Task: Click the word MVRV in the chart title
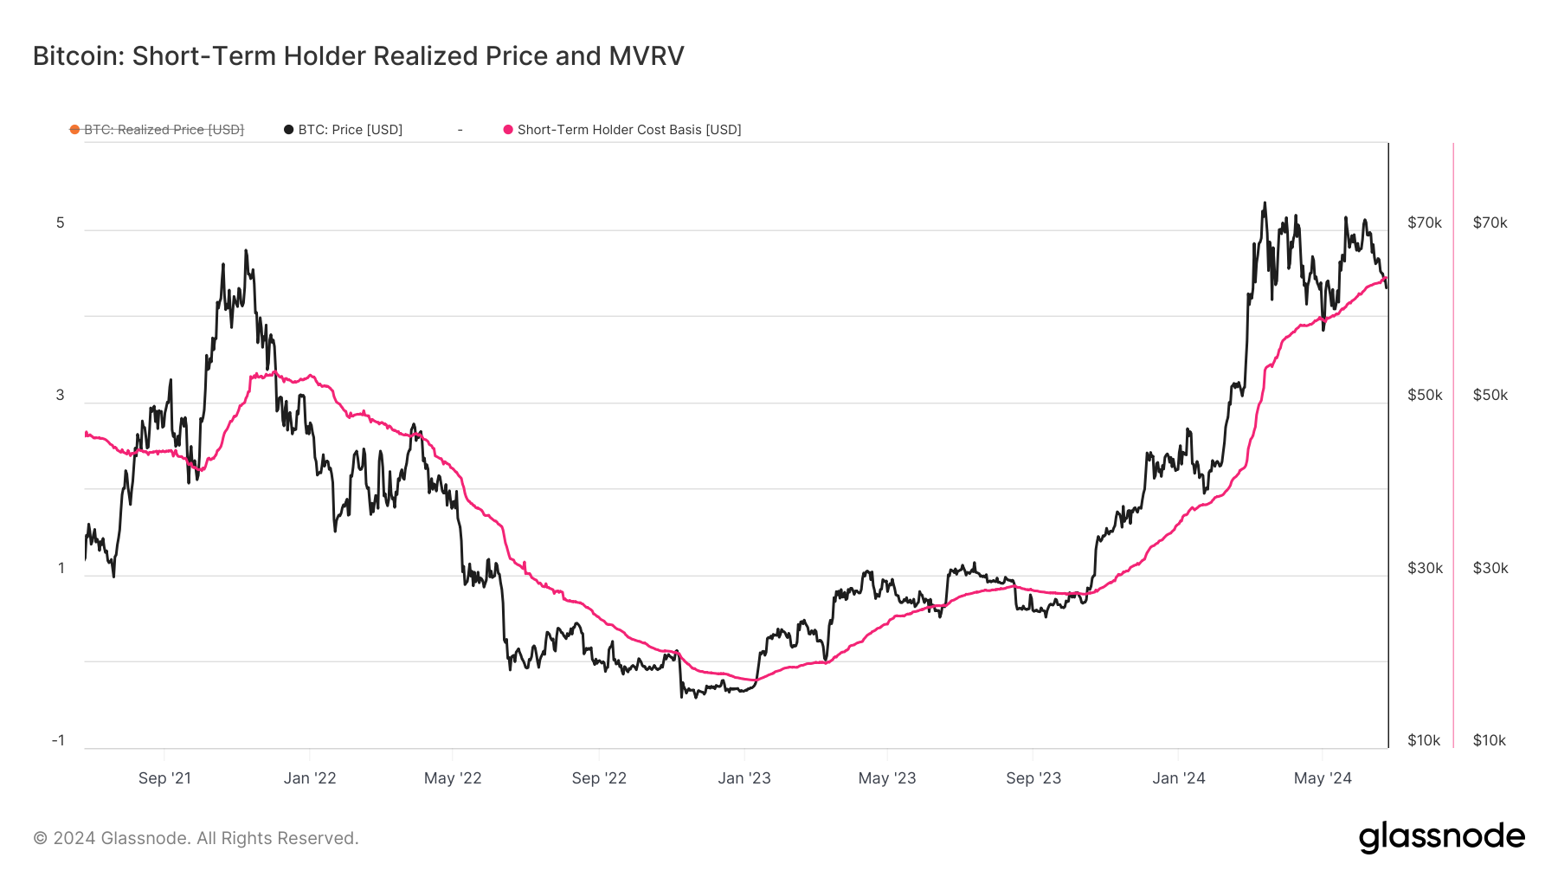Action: point(646,56)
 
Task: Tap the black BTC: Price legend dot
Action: point(289,130)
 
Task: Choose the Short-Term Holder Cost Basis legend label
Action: point(629,130)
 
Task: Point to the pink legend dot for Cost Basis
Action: point(508,130)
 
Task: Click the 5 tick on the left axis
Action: point(61,222)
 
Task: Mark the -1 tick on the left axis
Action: point(58,740)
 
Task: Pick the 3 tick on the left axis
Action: point(61,395)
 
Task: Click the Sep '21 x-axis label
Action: point(164,778)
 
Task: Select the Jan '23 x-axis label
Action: point(744,778)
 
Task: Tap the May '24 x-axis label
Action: point(1323,778)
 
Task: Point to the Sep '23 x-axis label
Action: point(1033,778)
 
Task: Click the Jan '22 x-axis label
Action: point(310,778)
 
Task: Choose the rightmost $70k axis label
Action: point(1490,222)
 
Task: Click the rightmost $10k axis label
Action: point(1490,740)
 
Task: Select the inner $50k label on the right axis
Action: point(1425,395)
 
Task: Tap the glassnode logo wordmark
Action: point(1442,837)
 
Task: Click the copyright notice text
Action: point(196,838)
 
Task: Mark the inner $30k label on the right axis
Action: point(1425,568)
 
